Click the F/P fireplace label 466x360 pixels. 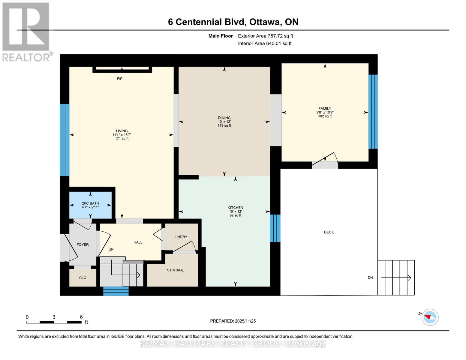pyautogui.click(x=119, y=79)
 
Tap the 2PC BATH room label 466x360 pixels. pyautogui.click(x=90, y=203)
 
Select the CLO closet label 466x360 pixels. pyautogui.click(x=83, y=278)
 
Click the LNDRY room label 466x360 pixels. pyautogui.click(x=181, y=237)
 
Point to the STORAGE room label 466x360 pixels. pyautogui.click(x=176, y=270)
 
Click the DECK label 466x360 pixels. pyautogui.click(x=329, y=232)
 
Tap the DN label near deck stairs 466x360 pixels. pyautogui.click(x=370, y=278)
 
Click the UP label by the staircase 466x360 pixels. pyautogui.click(x=111, y=250)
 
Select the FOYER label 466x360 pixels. pyautogui.click(x=83, y=245)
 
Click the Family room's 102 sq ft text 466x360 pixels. pyautogui.click(x=325, y=116)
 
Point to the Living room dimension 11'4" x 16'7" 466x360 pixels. pyautogui.click(x=122, y=135)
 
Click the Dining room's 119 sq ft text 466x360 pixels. pyautogui.click(x=224, y=126)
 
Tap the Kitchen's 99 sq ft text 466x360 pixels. pyautogui.click(x=235, y=215)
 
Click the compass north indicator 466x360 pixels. pyautogui.click(x=430, y=317)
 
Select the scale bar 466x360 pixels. pyautogui.click(x=54, y=322)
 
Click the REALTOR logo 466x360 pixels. pyautogui.click(x=26, y=32)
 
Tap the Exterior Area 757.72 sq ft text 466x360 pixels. pyautogui.click(x=265, y=36)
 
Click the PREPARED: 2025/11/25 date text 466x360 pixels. pyautogui.click(x=233, y=321)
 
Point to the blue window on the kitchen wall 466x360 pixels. pyautogui.click(x=275, y=228)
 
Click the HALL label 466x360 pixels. pyautogui.click(x=138, y=242)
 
